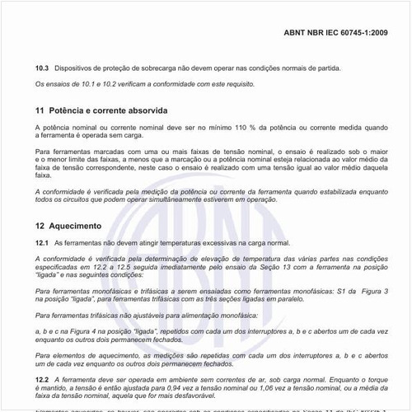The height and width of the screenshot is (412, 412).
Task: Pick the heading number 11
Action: (40, 109)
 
